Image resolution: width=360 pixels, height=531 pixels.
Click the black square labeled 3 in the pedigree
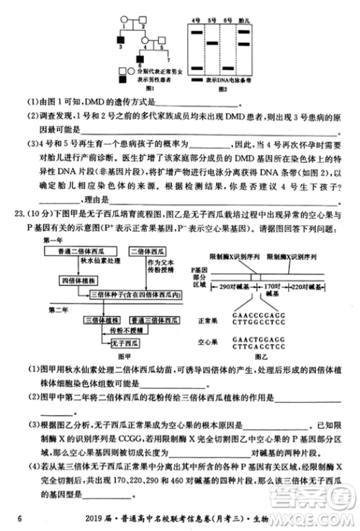click(122, 38)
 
